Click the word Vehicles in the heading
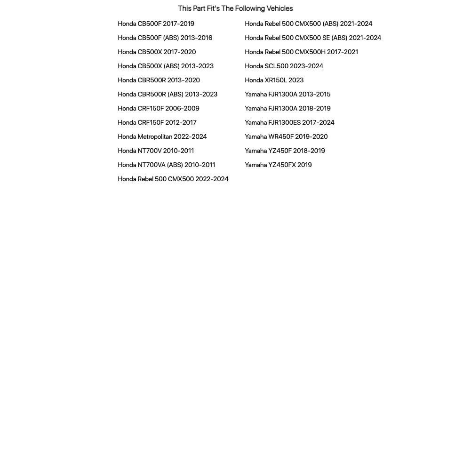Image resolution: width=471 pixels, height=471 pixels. (x=279, y=8)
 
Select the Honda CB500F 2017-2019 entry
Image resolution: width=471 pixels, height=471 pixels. (x=156, y=24)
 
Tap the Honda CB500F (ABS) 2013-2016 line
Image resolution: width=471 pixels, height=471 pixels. (x=165, y=38)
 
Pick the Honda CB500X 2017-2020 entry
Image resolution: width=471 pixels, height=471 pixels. (x=157, y=52)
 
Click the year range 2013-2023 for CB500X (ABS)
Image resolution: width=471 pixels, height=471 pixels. (x=197, y=66)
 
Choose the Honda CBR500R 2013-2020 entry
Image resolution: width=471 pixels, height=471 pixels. (x=159, y=80)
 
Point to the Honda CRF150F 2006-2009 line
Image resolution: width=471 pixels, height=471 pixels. (x=158, y=108)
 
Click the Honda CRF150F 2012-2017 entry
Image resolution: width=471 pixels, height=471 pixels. (x=157, y=122)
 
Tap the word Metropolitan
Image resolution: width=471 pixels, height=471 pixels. (x=154, y=136)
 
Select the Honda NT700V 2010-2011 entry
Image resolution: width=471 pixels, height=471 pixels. (x=156, y=151)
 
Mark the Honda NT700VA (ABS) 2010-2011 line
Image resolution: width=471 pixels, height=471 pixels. (x=166, y=165)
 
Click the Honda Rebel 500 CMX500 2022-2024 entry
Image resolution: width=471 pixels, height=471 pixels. (x=173, y=179)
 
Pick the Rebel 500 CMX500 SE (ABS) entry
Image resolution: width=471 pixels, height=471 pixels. (x=312, y=38)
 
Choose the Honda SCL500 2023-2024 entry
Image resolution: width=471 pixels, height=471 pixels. (x=284, y=66)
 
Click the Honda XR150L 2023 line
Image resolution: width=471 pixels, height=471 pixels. (x=274, y=80)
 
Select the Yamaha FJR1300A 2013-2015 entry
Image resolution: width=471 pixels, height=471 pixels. (x=287, y=94)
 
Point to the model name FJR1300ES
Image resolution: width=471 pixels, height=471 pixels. (x=284, y=122)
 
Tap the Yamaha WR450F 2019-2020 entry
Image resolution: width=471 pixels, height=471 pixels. (x=286, y=136)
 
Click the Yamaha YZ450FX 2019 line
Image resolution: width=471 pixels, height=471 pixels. (x=278, y=165)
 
